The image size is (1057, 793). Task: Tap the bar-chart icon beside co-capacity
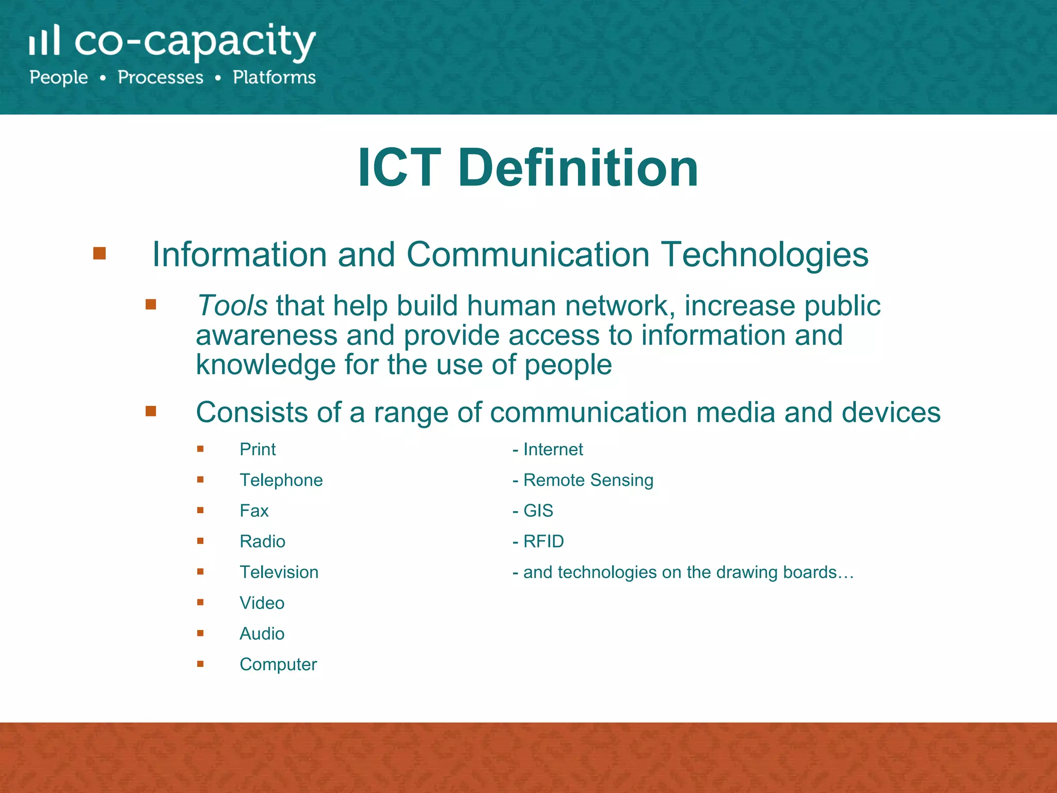(x=44, y=40)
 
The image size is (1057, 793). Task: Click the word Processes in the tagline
(x=161, y=77)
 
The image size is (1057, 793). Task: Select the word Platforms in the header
(x=274, y=77)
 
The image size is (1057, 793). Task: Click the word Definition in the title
(x=578, y=168)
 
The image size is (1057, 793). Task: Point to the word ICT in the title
(x=399, y=168)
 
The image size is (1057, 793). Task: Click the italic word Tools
(x=232, y=305)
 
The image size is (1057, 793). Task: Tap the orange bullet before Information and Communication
(x=100, y=253)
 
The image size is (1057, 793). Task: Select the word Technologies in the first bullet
(x=765, y=255)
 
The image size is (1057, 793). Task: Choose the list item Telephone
(x=281, y=480)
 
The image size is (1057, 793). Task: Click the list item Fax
(x=254, y=511)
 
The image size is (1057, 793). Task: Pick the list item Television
(x=279, y=572)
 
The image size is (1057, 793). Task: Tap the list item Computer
(x=278, y=664)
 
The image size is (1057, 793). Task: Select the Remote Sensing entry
(x=588, y=480)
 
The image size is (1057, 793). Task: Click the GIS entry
(x=538, y=511)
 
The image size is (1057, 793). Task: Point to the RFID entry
(x=543, y=542)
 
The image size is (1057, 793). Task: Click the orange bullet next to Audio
(x=200, y=633)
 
